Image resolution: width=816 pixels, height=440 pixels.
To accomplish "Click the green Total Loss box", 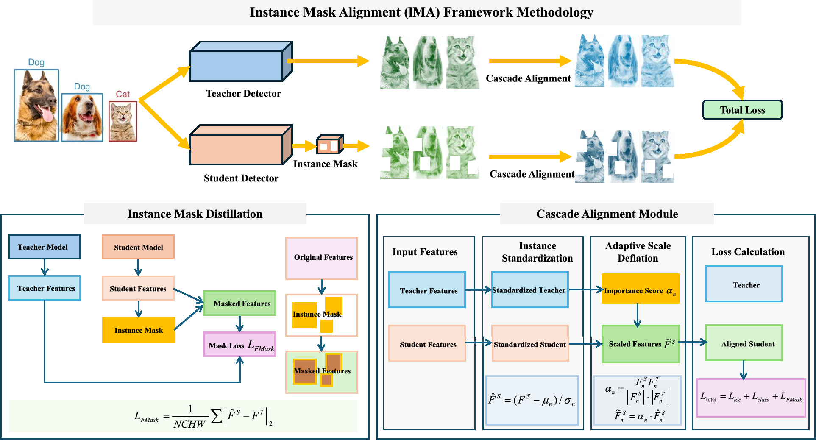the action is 742,110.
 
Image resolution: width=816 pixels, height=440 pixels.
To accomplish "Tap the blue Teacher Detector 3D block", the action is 241,61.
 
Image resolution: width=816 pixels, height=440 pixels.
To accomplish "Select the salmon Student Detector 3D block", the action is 241,145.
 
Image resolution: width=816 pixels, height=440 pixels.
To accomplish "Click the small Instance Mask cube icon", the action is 330,145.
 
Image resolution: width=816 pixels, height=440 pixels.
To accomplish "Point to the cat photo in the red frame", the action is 123,121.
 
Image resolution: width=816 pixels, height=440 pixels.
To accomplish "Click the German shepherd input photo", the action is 36,105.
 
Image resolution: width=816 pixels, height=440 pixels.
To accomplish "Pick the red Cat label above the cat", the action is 123,94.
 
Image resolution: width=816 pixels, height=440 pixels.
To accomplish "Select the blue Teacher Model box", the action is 45,247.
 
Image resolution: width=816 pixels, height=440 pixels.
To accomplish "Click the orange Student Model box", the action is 138,247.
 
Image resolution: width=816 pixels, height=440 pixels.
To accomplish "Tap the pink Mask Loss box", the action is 240,344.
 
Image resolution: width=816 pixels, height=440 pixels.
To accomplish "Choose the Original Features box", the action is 322,258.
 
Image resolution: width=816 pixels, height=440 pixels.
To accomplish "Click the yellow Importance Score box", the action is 640,289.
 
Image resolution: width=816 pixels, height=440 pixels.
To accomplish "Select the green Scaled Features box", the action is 641,344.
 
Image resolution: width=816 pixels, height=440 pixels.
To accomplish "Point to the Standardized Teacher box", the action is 530,290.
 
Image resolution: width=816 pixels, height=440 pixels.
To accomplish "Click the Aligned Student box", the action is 744,343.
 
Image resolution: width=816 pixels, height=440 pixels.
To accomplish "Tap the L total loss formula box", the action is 751,398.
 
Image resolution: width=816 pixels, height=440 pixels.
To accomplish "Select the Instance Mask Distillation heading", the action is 195,214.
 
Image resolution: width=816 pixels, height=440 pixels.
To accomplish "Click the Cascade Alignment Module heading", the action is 607,214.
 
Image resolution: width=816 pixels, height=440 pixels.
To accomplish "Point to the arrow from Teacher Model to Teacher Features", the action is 45,267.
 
